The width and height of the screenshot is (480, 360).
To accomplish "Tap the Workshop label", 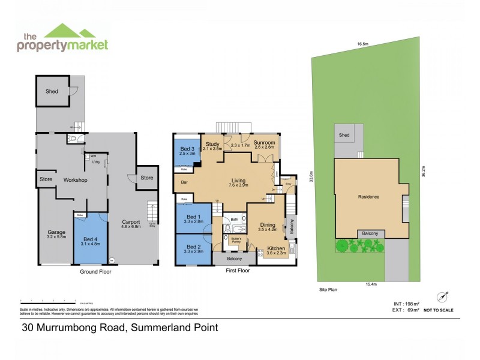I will coord(76,180).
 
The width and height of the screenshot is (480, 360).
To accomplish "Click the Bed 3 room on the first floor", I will coord(188,151).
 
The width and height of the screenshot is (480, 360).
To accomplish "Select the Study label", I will coord(212,145).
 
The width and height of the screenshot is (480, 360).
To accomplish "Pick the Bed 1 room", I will coord(194,219).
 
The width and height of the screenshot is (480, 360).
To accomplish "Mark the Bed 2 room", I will coord(194,248).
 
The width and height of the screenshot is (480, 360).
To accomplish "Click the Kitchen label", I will coord(275,248).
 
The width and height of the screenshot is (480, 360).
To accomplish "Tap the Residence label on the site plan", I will coord(368,197).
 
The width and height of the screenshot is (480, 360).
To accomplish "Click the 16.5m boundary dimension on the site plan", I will coord(362,44).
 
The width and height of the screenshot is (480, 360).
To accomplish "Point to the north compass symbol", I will coord(443,296).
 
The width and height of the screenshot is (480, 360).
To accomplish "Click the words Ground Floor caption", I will coord(96,272).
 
